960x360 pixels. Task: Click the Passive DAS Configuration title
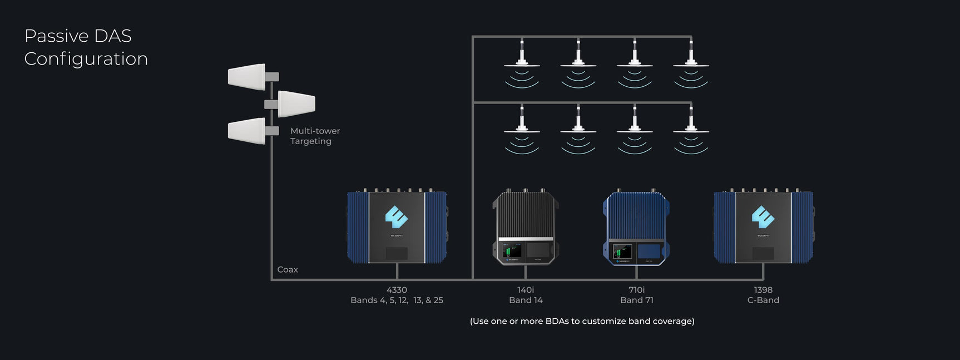point(86,47)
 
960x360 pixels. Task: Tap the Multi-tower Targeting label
point(314,136)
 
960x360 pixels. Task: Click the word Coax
point(288,269)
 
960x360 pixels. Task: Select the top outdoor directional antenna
point(247,77)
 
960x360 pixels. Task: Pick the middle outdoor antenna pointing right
point(296,103)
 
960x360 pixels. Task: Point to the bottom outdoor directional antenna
point(247,131)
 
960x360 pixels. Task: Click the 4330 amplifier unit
point(397,227)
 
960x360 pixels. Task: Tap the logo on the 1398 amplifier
point(763,217)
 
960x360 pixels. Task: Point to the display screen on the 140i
point(512,251)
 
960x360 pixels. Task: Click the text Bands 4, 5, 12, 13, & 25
point(397,300)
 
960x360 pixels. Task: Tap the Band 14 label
point(526,300)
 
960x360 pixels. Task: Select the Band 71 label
point(637,300)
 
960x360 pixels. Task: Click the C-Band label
point(763,300)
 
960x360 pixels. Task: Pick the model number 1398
point(763,290)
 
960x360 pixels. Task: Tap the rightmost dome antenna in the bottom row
point(691,129)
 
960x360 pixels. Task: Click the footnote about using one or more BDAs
point(582,321)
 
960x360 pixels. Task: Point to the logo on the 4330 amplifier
point(397,217)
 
